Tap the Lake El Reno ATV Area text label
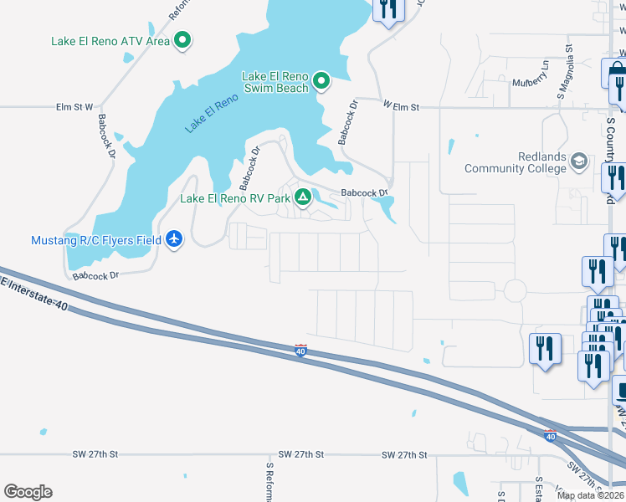point(110,41)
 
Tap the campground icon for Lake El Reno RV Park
point(303,198)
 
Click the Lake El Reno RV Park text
point(234,199)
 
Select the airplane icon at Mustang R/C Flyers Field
point(174,240)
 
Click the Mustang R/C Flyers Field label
point(96,241)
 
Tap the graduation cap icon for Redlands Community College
point(578,161)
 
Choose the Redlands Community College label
point(516,162)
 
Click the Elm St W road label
point(74,107)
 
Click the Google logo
point(28,492)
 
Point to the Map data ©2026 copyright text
point(590,495)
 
